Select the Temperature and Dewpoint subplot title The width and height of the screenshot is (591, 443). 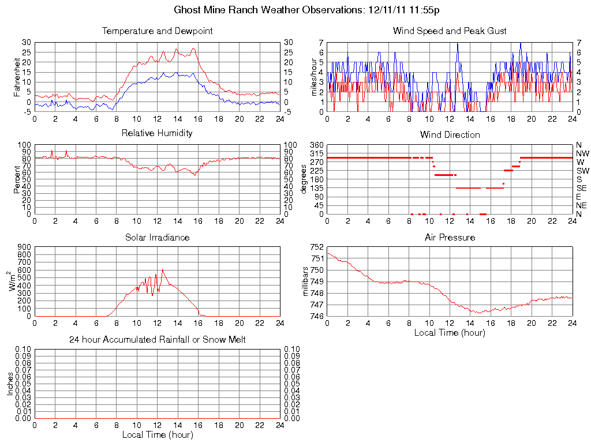[x=157, y=31]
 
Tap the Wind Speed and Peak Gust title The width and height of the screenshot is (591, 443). [x=450, y=31]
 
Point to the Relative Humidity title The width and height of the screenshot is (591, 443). [x=157, y=133]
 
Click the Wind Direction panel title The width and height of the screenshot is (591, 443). [x=450, y=135]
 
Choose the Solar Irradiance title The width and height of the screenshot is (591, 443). [x=157, y=237]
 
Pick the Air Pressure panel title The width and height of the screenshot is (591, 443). [x=450, y=237]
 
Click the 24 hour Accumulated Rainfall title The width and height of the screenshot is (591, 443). [x=157, y=340]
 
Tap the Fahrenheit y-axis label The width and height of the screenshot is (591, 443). [x=16, y=77]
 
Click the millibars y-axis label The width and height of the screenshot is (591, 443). [x=307, y=281]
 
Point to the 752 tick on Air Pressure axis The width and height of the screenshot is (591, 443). [x=317, y=247]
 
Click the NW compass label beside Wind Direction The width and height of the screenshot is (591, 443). [x=582, y=154]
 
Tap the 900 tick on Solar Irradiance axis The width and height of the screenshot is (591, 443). [x=24, y=247]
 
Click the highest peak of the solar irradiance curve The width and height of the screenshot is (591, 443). [x=163, y=269]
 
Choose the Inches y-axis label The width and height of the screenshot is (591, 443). [x=10, y=384]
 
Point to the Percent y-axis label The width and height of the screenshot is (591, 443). [x=16, y=179]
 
